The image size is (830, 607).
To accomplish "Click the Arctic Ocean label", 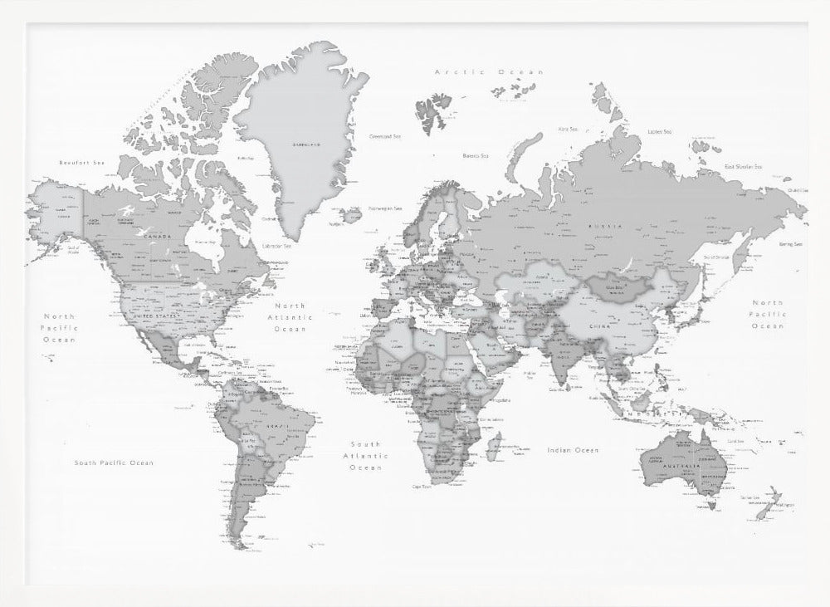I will (x=489, y=72).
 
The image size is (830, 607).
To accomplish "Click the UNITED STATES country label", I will (x=155, y=316).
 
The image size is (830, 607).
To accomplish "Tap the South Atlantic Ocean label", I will (x=365, y=456).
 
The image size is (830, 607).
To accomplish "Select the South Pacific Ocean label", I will (x=114, y=463).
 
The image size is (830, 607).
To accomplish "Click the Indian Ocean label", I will (x=572, y=450).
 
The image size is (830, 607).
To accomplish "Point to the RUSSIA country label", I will (x=604, y=225).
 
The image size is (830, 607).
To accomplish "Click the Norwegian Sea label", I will (x=386, y=208).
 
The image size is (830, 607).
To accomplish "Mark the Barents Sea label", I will (x=475, y=155).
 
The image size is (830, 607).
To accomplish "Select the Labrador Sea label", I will (x=276, y=246).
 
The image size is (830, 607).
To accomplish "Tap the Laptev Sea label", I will (x=659, y=131).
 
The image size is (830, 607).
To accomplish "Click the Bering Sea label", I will (x=790, y=245).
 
